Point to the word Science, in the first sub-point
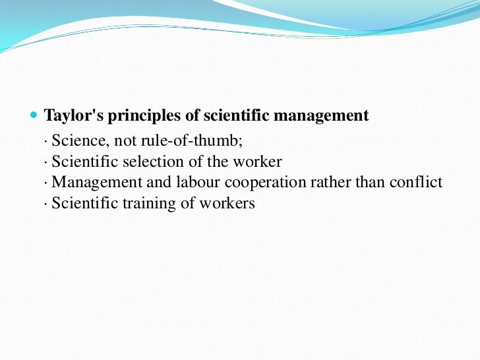(x=76, y=141)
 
